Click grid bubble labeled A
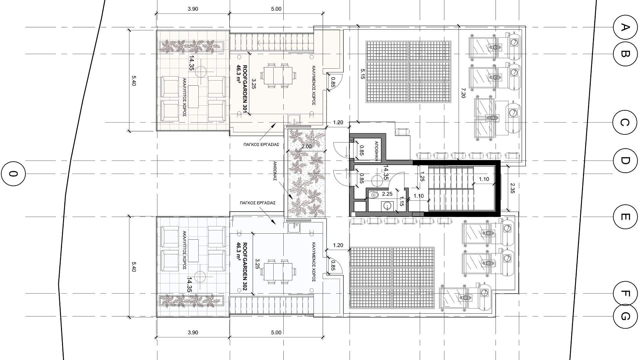[x=625, y=27]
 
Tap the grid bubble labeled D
[x=625, y=161]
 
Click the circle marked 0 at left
[x=13, y=173]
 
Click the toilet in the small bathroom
[x=374, y=194]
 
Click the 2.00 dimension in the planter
[x=306, y=146]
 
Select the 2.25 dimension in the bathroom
[x=387, y=194]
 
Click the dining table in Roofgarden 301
[x=278, y=75]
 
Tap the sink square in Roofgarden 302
[x=294, y=228]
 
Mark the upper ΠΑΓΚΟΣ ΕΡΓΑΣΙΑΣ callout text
[x=261, y=145]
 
